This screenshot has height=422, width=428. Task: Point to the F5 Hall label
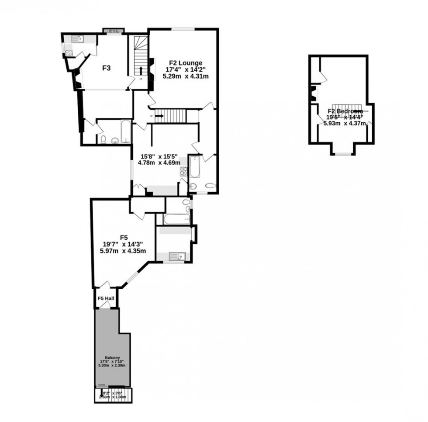coord(106,298)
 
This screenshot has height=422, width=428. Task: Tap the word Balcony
coord(112,356)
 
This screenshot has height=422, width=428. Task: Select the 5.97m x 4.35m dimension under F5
coord(124,251)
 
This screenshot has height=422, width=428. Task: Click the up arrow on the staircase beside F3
coord(141,71)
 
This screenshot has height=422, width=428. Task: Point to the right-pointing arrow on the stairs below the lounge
coord(158,116)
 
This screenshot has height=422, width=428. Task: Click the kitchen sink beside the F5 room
coord(180,256)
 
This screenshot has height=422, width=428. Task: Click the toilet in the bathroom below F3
coord(103,139)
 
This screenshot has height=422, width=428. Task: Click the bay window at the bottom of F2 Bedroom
coord(343,153)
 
